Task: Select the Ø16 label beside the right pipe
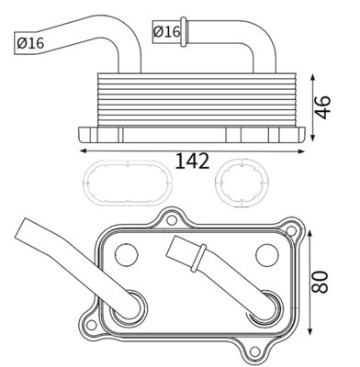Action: (166, 31)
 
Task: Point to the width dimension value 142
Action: (192, 162)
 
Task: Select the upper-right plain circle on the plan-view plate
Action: (265, 253)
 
